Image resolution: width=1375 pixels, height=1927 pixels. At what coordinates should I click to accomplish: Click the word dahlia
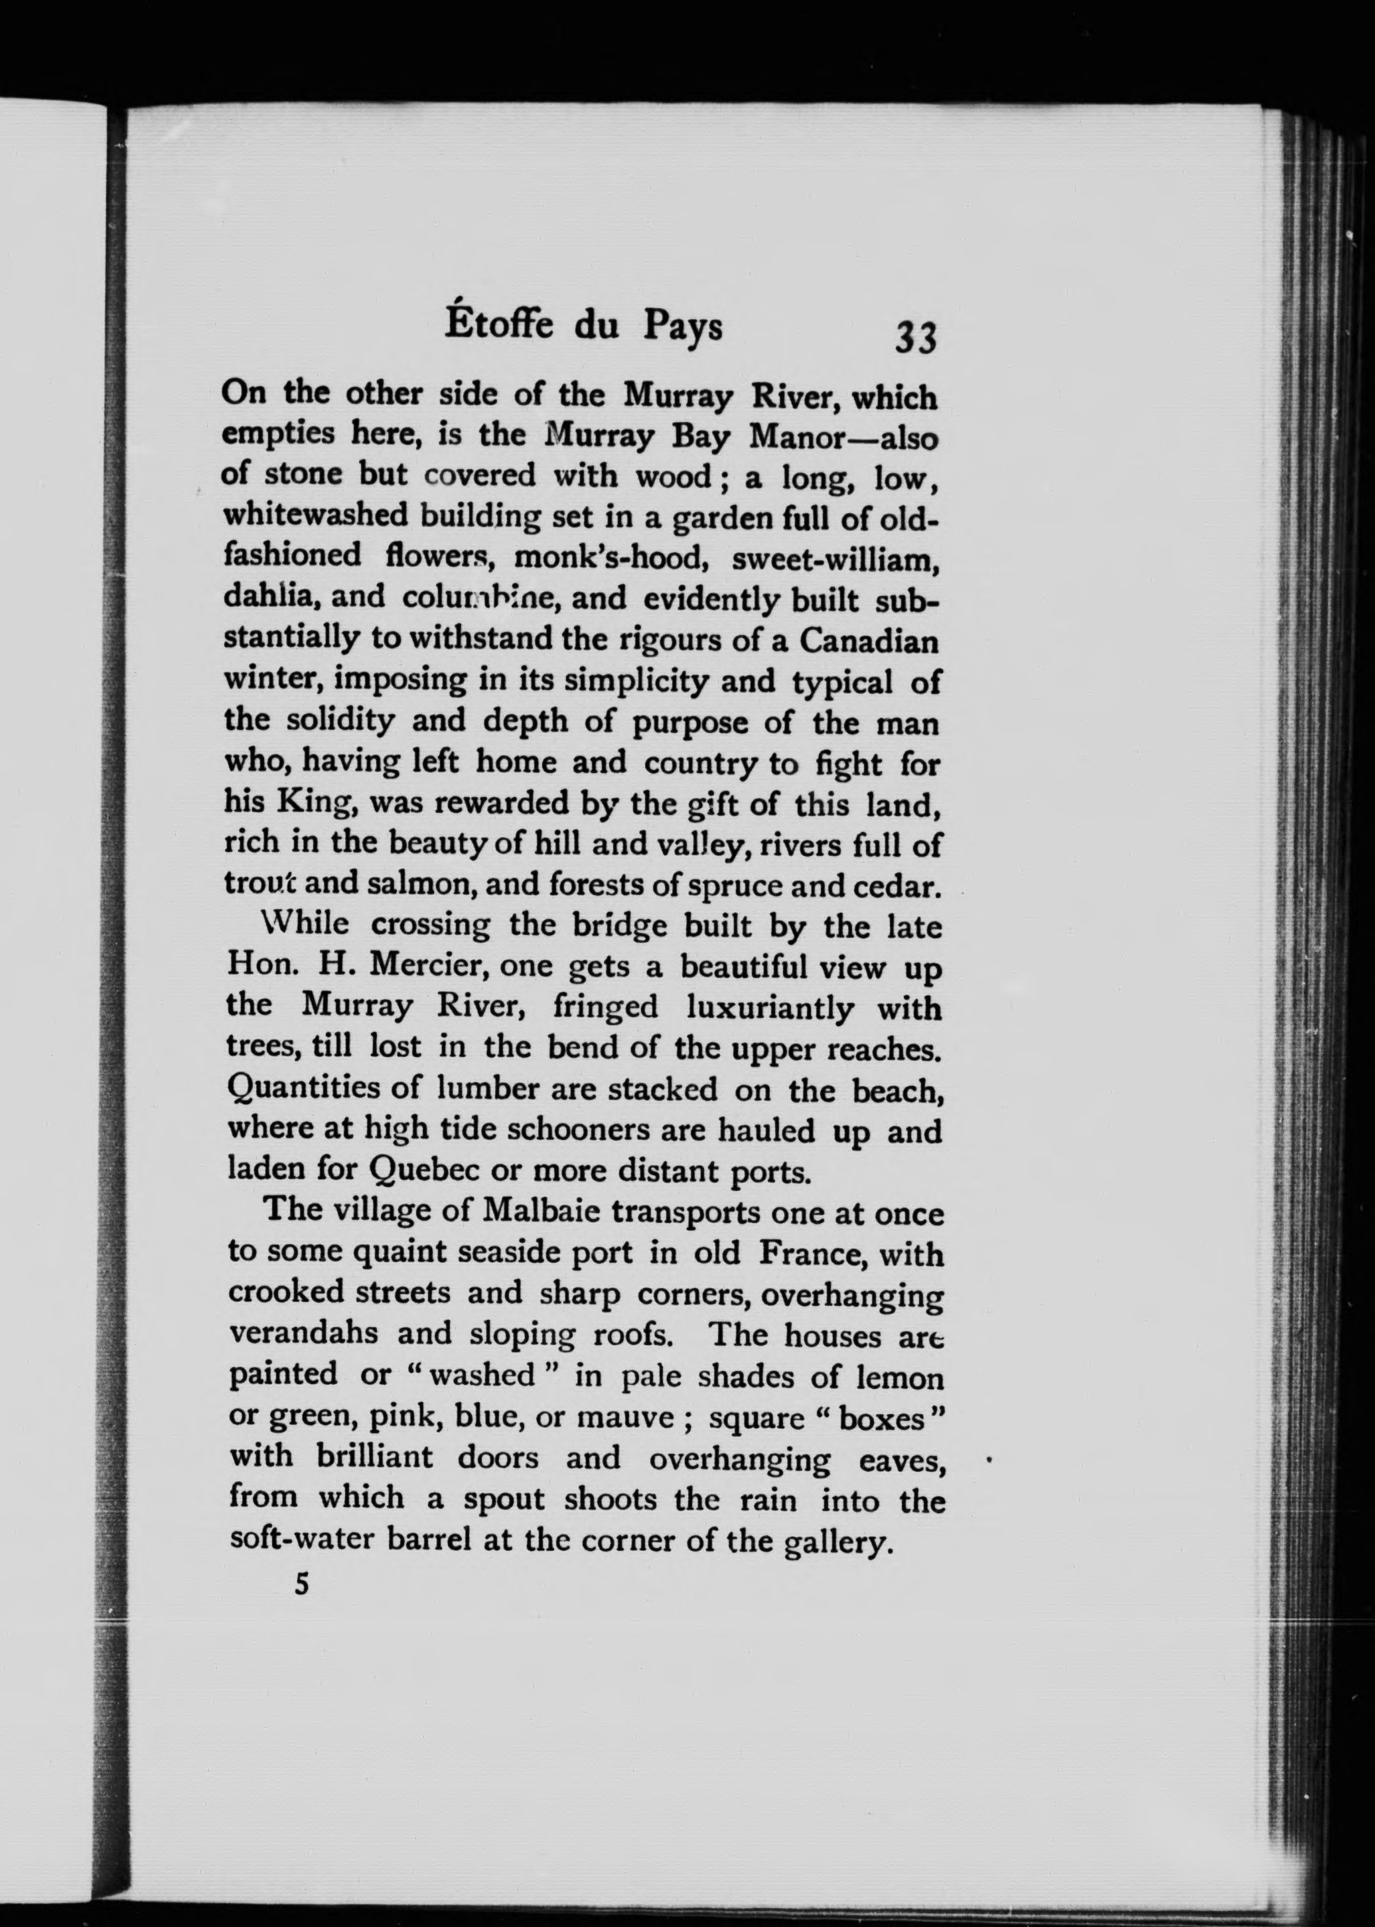[270, 597]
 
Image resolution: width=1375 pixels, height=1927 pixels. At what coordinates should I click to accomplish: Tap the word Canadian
[869, 641]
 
